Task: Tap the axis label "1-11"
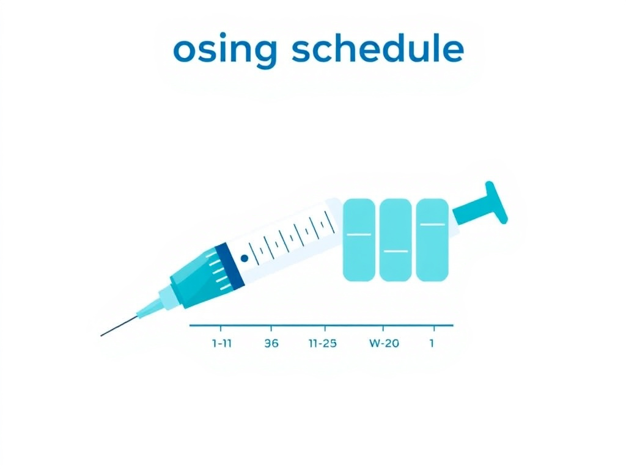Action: pos(221,343)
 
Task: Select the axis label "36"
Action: pos(271,343)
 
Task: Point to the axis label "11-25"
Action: pos(322,343)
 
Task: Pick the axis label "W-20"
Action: pos(384,343)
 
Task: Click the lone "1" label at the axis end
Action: pos(432,343)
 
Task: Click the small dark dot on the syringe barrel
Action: pos(245,258)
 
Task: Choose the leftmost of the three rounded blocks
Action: pos(359,239)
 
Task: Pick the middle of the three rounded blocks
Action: pos(396,239)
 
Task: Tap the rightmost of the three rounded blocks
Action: pos(432,239)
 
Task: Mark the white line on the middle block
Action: pos(396,251)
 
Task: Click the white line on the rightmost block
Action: pos(432,224)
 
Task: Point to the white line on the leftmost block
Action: pos(359,234)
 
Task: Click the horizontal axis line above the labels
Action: pos(321,325)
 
